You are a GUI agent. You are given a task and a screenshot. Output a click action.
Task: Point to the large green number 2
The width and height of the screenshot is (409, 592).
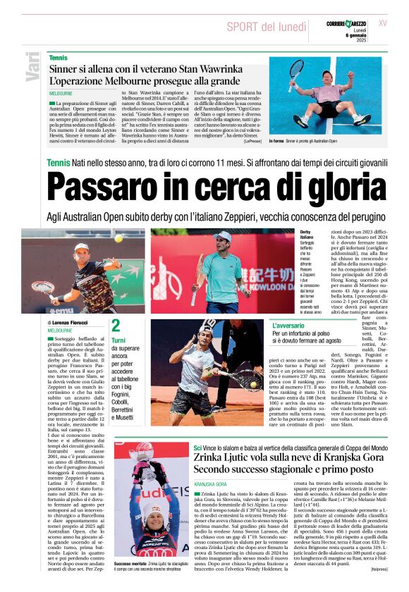116,326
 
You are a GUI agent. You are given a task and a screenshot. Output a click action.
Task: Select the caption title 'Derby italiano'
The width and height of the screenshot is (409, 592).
310,235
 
